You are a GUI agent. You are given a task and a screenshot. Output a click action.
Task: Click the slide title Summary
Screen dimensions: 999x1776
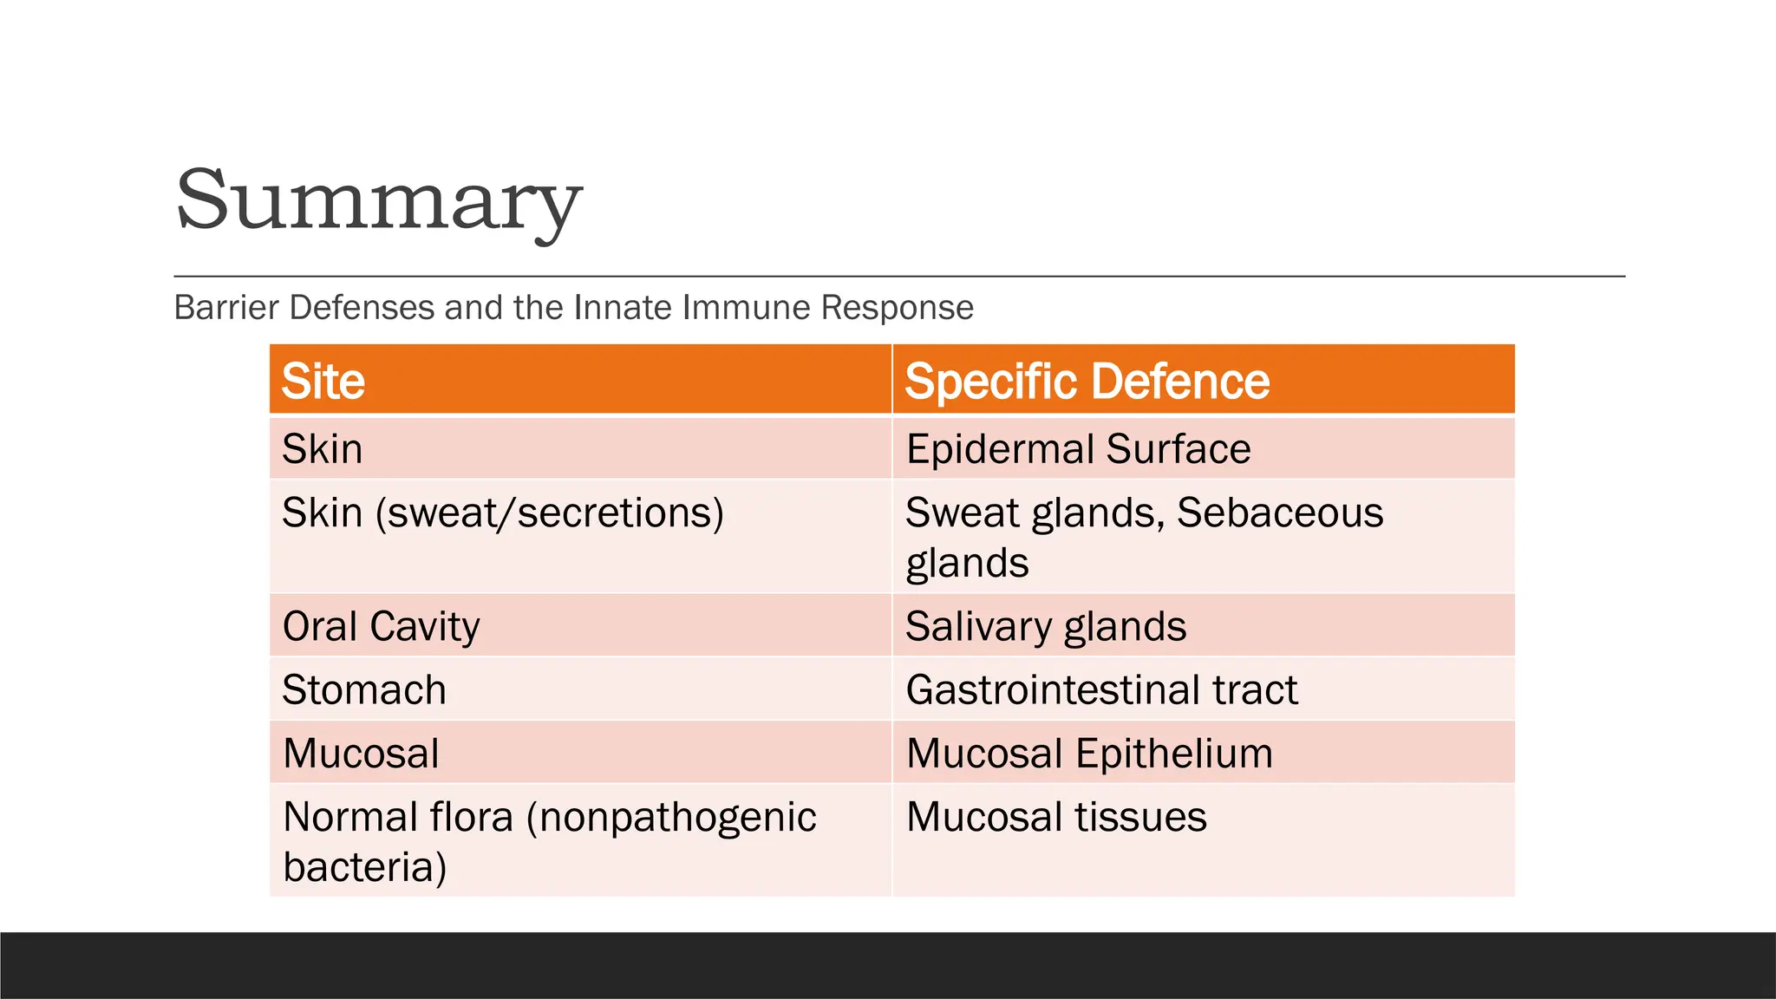pyautogui.click(x=378, y=200)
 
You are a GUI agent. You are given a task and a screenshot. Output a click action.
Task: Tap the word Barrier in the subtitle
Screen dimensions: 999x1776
pyautogui.click(x=227, y=308)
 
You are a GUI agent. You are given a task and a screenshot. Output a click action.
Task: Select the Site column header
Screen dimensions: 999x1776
pyautogui.click(x=323, y=382)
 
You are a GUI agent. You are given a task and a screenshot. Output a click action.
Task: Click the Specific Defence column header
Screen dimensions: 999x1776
pyautogui.click(x=1087, y=382)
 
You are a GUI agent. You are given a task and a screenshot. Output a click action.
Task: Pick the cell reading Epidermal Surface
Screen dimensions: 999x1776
pyautogui.click(x=1078, y=449)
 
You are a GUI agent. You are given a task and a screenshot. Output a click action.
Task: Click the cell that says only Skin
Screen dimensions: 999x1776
pyautogui.click(x=323, y=449)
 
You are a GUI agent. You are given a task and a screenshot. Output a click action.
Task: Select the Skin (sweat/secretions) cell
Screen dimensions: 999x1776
pyautogui.click(x=503, y=513)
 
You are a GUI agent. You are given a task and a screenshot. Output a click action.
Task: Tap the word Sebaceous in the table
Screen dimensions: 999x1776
pyautogui.click(x=1279, y=513)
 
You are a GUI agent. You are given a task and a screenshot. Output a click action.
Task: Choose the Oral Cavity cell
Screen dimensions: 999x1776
pyautogui.click(x=381, y=626)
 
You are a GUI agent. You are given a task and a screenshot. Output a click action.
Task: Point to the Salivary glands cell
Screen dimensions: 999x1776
pyautogui.click(x=1046, y=626)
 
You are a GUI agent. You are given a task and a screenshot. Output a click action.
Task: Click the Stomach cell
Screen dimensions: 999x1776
pyautogui.click(x=364, y=690)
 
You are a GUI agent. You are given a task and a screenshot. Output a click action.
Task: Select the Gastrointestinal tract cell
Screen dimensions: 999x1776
pyautogui.click(x=1101, y=690)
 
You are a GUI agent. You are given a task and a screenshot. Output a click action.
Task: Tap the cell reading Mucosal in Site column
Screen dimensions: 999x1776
pyautogui.click(x=361, y=754)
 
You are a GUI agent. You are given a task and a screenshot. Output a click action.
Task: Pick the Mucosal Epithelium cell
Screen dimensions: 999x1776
pyautogui.click(x=1089, y=754)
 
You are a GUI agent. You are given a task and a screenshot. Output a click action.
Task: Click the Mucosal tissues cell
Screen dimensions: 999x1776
pyautogui.click(x=1056, y=817)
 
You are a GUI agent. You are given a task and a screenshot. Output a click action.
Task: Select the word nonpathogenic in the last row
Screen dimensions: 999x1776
pyautogui.click(x=672, y=818)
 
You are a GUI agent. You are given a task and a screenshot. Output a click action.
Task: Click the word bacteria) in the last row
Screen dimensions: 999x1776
pyautogui.click(x=365, y=867)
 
